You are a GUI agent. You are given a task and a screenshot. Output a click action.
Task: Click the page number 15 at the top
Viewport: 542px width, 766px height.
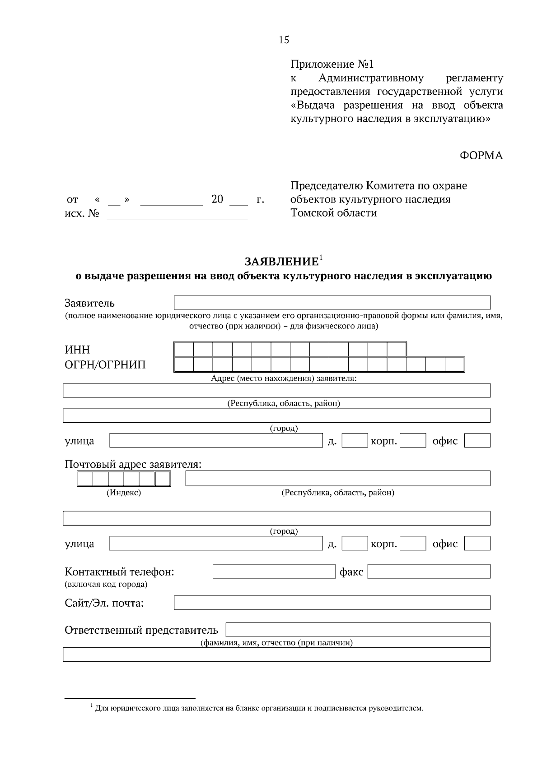284,40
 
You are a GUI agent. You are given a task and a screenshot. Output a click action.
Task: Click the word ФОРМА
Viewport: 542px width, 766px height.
481,156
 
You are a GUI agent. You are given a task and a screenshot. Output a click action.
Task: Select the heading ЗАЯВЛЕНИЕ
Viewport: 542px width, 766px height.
281,262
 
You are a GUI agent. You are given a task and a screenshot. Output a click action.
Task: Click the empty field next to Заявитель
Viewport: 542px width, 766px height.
332,302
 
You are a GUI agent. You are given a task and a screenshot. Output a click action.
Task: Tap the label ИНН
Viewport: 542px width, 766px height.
77,350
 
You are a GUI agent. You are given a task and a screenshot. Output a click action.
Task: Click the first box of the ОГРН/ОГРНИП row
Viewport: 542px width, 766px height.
184,365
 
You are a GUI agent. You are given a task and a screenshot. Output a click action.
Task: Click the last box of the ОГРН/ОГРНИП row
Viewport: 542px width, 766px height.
454,365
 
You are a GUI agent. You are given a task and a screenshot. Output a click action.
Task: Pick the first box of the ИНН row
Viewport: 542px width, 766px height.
184,350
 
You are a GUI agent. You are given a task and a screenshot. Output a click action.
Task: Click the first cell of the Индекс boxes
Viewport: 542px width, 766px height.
85,479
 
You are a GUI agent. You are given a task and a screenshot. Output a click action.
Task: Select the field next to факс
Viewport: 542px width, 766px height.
429,572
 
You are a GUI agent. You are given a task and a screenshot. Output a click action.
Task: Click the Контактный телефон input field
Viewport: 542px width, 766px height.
274,572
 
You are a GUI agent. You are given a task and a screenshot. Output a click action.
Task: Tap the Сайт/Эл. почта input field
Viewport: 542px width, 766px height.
332,603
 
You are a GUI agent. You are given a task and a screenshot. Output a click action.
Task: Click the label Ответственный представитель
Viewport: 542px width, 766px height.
141,630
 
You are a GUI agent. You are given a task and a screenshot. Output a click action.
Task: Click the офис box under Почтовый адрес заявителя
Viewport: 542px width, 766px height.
477,544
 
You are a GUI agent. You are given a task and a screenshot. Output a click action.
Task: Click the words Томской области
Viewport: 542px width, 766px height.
333,213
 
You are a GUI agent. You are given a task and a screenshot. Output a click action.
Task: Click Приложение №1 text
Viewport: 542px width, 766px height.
332,65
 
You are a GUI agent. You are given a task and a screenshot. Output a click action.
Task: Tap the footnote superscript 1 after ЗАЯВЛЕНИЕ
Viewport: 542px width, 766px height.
321,258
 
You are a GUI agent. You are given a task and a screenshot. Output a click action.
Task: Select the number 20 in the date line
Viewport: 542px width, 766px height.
217,199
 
